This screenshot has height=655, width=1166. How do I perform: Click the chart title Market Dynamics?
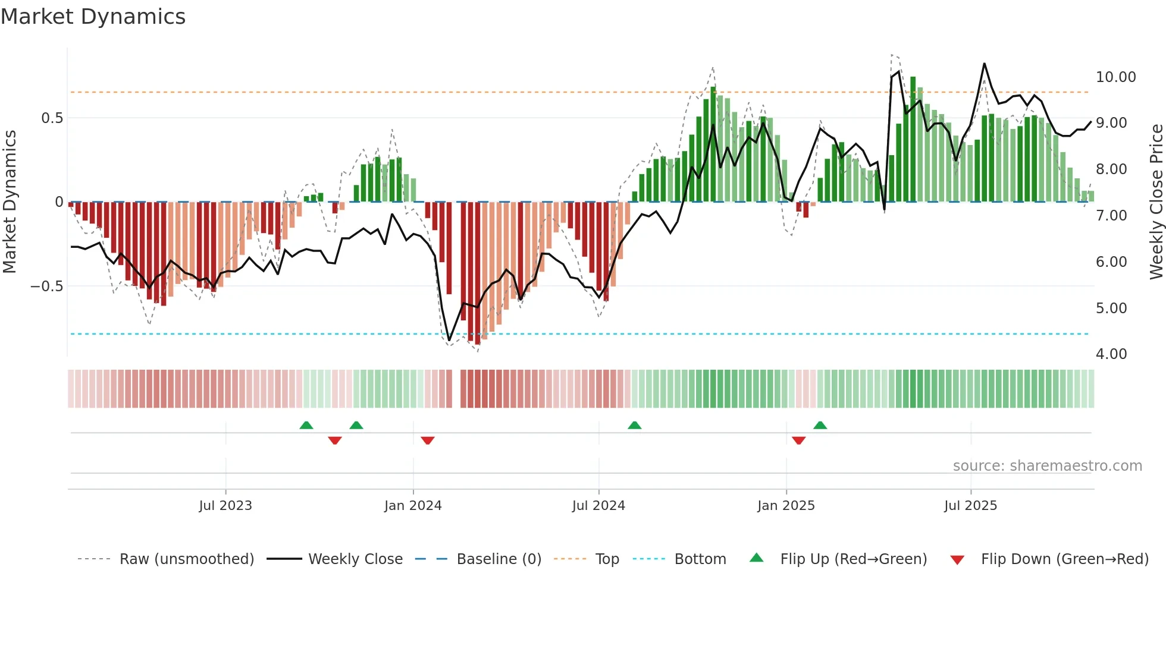pos(93,17)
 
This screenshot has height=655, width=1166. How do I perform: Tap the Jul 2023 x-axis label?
pos(225,506)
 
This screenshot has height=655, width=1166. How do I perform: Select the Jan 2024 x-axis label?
pos(413,506)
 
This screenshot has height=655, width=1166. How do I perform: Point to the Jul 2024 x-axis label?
pos(598,506)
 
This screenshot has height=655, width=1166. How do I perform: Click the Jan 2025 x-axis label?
pos(786,506)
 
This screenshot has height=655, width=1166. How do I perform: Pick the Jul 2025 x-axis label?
pos(970,506)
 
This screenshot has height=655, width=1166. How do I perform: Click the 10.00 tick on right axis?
pos(1115,77)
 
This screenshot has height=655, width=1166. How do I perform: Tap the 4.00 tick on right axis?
pos(1111,354)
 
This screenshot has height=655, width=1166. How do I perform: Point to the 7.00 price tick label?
pos(1111,216)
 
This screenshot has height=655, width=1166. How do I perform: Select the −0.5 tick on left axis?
pos(46,286)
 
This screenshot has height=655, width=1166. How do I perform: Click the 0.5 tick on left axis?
pos(52,118)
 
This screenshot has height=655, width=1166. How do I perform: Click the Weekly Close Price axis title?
pos(1156,202)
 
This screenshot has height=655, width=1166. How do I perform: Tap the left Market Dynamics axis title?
pos(10,202)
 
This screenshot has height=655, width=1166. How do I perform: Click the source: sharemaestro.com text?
pos(1047,466)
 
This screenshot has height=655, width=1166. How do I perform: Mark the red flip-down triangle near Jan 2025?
pos(798,440)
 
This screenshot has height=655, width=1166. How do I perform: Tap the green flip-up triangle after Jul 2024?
pos(634,425)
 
